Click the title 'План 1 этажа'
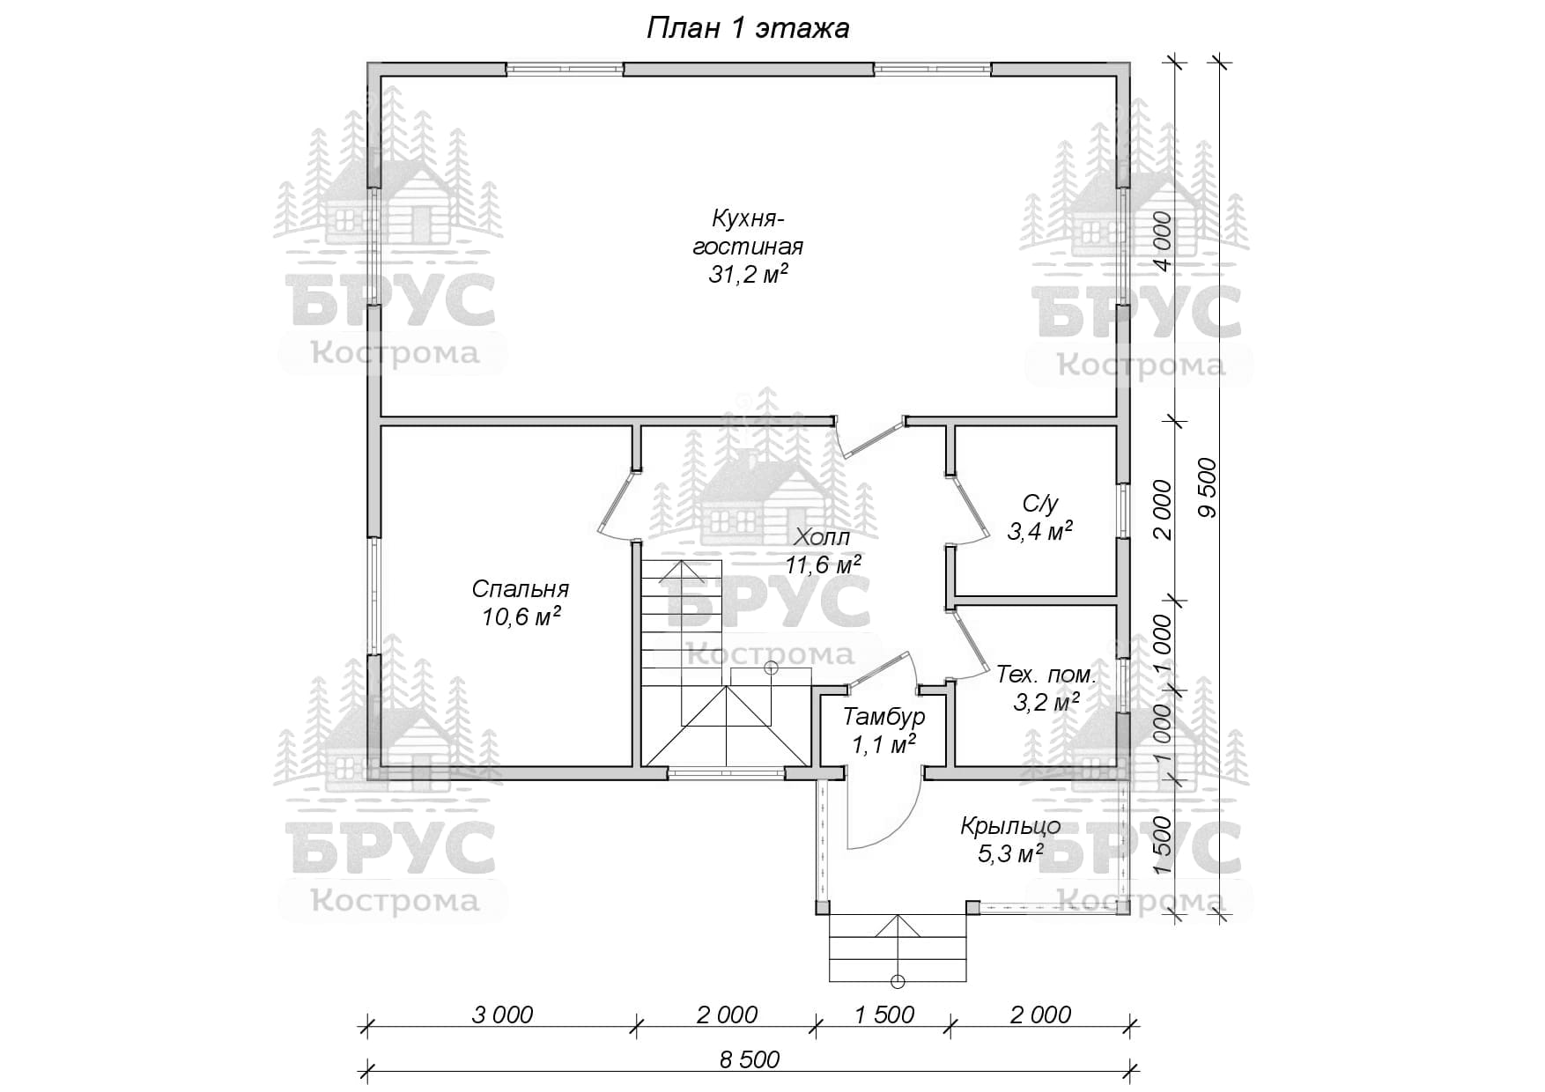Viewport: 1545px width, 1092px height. (x=748, y=28)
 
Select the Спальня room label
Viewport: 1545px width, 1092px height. (x=521, y=588)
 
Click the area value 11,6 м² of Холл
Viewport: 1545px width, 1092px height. (x=823, y=565)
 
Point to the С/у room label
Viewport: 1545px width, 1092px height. (x=1039, y=504)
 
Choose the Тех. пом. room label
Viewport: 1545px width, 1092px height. (x=1046, y=675)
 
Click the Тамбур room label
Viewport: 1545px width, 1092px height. (x=884, y=716)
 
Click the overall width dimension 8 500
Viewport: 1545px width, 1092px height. (x=749, y=1059)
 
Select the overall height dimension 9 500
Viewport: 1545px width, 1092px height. (x=1207, y=487)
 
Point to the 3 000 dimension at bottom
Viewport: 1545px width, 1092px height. (x=502, y=1015)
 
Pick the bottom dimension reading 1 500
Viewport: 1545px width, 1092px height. (x=884, y=1015)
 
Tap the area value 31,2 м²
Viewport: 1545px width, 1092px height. (x=748, y=275)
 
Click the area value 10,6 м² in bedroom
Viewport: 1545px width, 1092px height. (x=521, y=616)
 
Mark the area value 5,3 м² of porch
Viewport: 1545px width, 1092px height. (x=1010, y=853)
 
